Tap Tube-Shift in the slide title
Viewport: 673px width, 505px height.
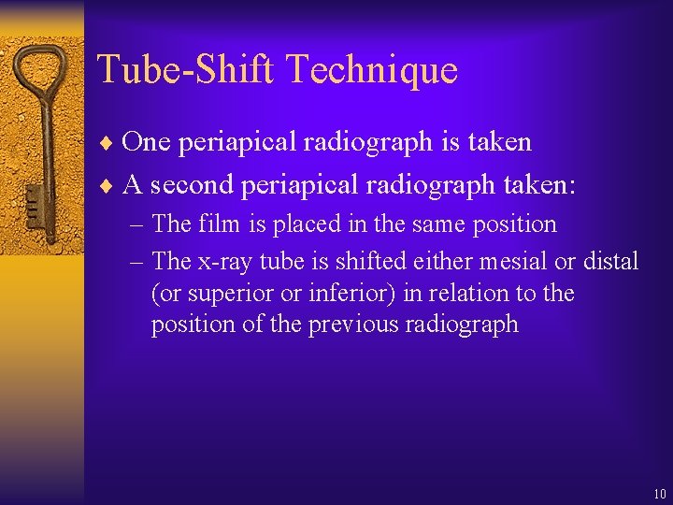[186, 70]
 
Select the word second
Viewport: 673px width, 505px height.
[192, 185]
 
